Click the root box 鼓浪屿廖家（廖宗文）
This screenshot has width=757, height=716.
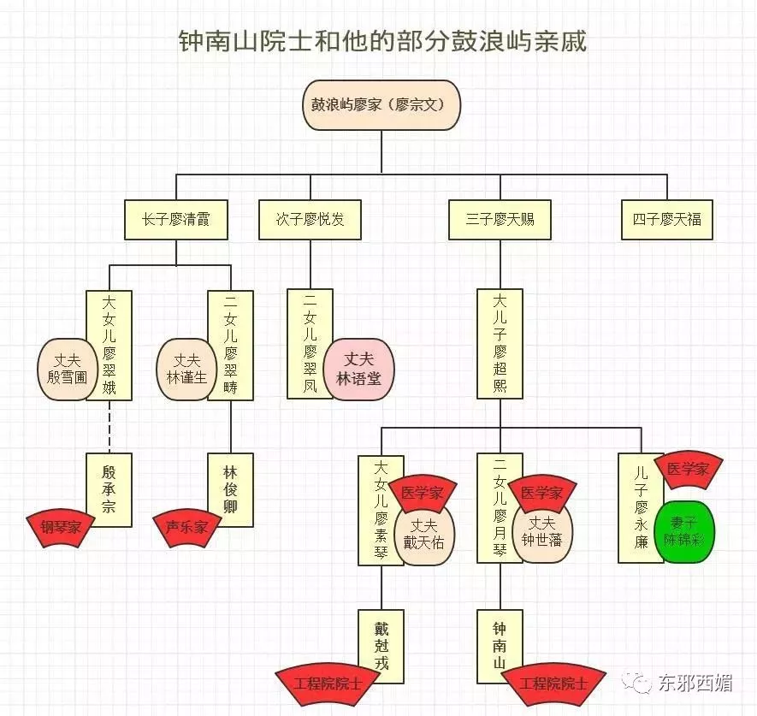tap(382, 105)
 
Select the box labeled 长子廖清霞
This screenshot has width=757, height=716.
tap(176, 219)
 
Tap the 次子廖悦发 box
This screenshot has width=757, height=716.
tap(304, 219)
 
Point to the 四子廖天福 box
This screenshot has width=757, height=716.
tap(667, 219)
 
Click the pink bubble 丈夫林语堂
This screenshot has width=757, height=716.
tap(358, 369)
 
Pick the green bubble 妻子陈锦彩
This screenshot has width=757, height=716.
tap(683, 532)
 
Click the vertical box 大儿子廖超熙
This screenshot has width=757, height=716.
tap(500, 344)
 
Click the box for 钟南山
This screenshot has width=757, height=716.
tap(500, 646)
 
